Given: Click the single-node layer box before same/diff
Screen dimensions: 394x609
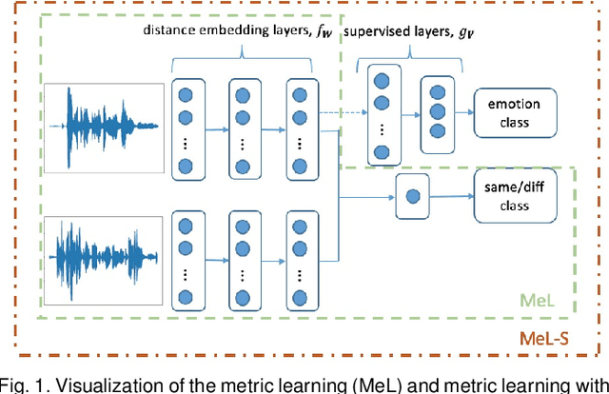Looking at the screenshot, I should [x=412, y=197].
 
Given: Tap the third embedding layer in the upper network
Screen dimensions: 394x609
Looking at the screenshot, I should [x=301, y=128].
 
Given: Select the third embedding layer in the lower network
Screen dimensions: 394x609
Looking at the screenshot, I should [x=301, y=257].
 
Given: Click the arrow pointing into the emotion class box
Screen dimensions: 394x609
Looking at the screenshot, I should [x=466, y=110].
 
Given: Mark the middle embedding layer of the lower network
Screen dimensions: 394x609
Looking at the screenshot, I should [x=245, y=257].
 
